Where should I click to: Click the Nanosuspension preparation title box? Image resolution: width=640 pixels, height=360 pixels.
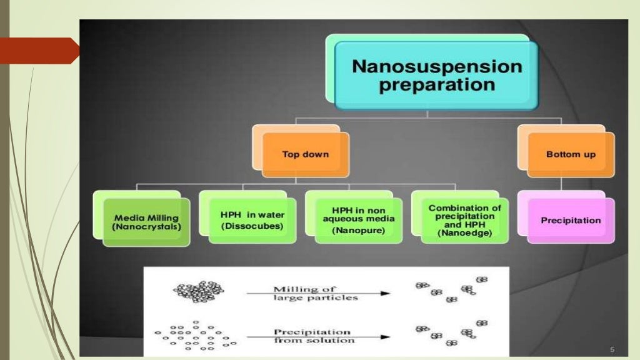pyautogui.click(x=436, y=76)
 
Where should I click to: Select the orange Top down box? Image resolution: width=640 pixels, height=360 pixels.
pyautogui.click(x=305, y=154)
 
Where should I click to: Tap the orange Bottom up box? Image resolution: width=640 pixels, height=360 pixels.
pyautogui.click(x=570, y=154)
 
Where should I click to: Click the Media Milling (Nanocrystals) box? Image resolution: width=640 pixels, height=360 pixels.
pyautogui.click(x=146, y=222)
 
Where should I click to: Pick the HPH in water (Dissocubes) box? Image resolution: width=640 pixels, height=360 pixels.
pyautogui.click(x=252, y=220)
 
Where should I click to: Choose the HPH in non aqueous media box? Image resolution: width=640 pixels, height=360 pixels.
pyautogui.click(x=358, y=220)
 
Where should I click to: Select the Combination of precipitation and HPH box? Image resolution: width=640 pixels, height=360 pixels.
pyautogui.click(x=464, y=220)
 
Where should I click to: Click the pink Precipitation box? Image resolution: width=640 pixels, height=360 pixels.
pyautogui.click(x=570, y=221)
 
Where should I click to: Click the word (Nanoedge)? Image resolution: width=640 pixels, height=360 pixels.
pyautogui.click(x=464, y=233)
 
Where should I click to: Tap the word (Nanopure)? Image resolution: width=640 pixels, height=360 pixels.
pyautogui.click(x=358, y=231)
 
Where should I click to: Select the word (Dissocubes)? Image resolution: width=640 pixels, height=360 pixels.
pyautogui.click(x=252, y=226)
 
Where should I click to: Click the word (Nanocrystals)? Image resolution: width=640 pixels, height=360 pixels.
pyautogui.click(x=146, y=227)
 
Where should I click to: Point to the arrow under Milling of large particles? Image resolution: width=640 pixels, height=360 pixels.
pyautogui.click(x=318, y=293)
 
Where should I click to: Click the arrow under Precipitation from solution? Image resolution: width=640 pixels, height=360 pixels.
pyautogui.click(x=318, y=337)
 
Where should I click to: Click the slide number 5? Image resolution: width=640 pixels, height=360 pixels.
pyautogui.click(x=612, y=349)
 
